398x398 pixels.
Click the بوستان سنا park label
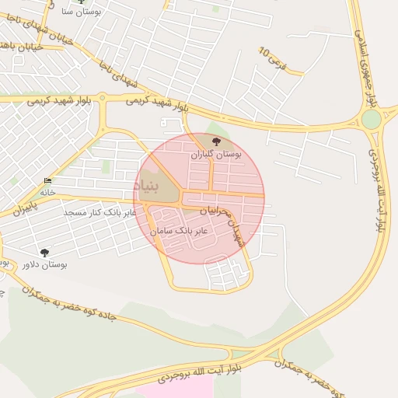[x=77, y=12]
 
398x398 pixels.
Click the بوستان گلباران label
[x=216, y=155]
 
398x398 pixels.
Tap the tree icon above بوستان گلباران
[x=215, y=141]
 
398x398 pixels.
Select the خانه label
[x=48, y=190]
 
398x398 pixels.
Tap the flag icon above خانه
[x=48, y=180]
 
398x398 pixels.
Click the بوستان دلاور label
[x=44, y=264]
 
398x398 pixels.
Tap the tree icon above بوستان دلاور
[x=44, y=252]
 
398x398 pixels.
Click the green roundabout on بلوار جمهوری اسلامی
[x=372, y=120]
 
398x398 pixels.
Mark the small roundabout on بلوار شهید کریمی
[x=103, y=99]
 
